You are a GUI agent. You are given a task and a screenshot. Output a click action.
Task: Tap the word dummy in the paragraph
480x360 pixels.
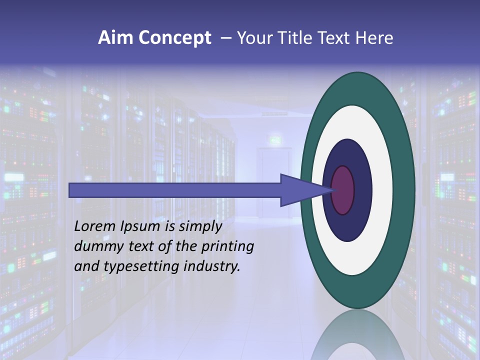[97, 246]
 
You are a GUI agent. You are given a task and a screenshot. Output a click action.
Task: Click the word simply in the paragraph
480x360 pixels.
[199, 227]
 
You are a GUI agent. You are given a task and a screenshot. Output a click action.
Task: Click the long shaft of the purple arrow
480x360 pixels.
[175, 190]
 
